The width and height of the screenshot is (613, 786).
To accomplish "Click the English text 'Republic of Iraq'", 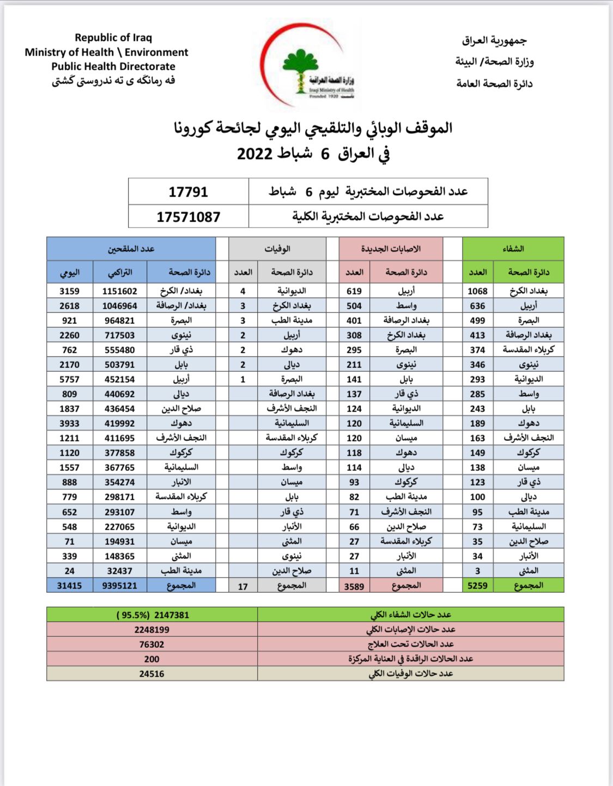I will tap(113, 38).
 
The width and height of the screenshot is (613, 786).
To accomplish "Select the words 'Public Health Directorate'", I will tap(113, 66).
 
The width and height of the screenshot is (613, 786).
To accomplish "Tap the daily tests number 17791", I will tap(188, 192).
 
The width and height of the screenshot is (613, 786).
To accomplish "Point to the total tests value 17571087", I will tap(188, 217).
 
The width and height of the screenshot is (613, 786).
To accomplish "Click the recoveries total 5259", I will tap(477, 586).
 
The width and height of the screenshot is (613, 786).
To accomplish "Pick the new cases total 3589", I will tap(354, 586).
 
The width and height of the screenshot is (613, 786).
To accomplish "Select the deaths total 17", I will tap(243, 586).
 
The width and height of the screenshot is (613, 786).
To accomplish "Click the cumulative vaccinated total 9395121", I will tap(120, 586).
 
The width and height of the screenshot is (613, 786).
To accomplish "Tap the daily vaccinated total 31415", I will tap(69, 586).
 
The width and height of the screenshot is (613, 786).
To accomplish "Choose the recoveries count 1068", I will tap(477, 291).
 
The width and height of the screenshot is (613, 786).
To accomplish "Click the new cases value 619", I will tap(354, 291).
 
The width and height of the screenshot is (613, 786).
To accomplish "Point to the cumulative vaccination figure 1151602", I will tap(120, 291).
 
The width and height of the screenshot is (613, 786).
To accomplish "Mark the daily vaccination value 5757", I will tap(69, 379).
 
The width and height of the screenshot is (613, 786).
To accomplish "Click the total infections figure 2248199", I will tap(151, 630).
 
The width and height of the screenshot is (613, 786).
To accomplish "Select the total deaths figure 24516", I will tap(151, 674).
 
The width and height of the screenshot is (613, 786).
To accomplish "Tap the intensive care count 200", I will tap(151, 659).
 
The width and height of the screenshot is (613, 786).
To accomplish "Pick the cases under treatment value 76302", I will tap(151, 644).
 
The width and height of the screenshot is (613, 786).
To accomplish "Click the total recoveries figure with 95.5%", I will tap(153, 615).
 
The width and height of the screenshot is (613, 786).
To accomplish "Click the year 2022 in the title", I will tap(254, 153).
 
